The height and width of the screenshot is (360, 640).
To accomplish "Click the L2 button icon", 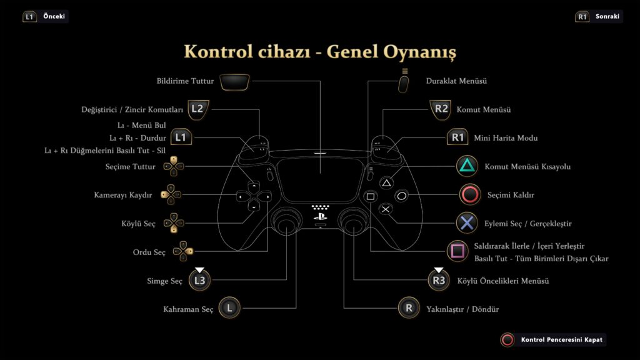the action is (x=198, y=109).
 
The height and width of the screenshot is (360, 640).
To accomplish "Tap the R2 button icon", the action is (x=441, y=109).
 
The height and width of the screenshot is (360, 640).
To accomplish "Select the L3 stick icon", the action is (x=199, y=280).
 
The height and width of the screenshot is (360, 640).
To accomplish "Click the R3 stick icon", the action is (x=439, y=280).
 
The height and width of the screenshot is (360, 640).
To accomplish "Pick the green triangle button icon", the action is (x=467, y=166).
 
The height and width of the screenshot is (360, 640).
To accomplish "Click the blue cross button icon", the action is (x=467, y=223).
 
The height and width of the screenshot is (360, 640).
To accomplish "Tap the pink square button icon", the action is (x=457, y=251).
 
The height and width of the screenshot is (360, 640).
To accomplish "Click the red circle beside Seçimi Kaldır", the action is (x=470, y=194).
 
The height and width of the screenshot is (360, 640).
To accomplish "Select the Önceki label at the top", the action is (x=54, y=16).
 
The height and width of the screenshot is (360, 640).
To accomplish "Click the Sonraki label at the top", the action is (x=607, y=16).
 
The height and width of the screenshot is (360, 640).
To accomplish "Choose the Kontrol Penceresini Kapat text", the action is (x=562, y=339).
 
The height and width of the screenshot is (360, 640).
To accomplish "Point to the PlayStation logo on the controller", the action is (x=321, y=217).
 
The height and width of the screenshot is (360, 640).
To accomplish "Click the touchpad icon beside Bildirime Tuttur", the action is (x=235, y=82).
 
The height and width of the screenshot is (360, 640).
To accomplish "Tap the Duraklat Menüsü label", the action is (x=456, y=81).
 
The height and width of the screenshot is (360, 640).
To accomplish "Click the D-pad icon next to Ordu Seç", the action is (x=182, y=251).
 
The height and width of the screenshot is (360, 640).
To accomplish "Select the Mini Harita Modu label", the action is (x=506, y=138).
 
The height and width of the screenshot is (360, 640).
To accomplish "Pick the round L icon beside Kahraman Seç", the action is (x=229, y=307).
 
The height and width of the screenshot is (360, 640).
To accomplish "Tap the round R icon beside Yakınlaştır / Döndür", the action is (x=409, y=307).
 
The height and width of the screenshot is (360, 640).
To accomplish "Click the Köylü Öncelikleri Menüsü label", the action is (x=503, y=281).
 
